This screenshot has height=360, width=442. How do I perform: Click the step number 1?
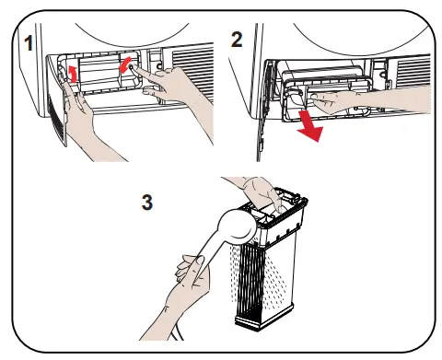point(29,43)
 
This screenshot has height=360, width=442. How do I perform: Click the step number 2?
point(237,40)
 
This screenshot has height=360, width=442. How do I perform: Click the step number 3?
point(147,203)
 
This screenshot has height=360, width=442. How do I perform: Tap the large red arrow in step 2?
point(309,126)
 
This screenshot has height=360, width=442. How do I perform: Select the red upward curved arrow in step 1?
point(73,74)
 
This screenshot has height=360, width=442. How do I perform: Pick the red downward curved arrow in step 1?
point(125,64)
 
